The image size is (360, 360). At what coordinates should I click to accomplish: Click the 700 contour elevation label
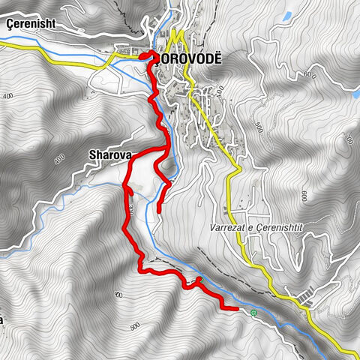348,139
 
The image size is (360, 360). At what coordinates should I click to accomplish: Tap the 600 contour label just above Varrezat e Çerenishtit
305,196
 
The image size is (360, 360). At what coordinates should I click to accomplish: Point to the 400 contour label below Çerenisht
8,97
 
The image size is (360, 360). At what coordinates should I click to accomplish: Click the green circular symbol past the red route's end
254,312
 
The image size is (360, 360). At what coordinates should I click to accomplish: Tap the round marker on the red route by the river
199,280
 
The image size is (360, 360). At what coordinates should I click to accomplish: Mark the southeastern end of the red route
236,307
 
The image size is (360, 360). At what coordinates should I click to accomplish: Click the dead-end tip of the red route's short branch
159,211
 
